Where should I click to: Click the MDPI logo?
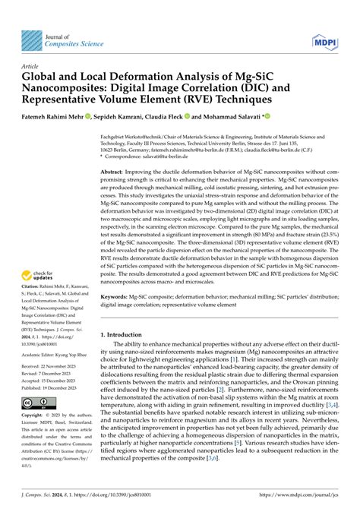coord(324,34)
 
